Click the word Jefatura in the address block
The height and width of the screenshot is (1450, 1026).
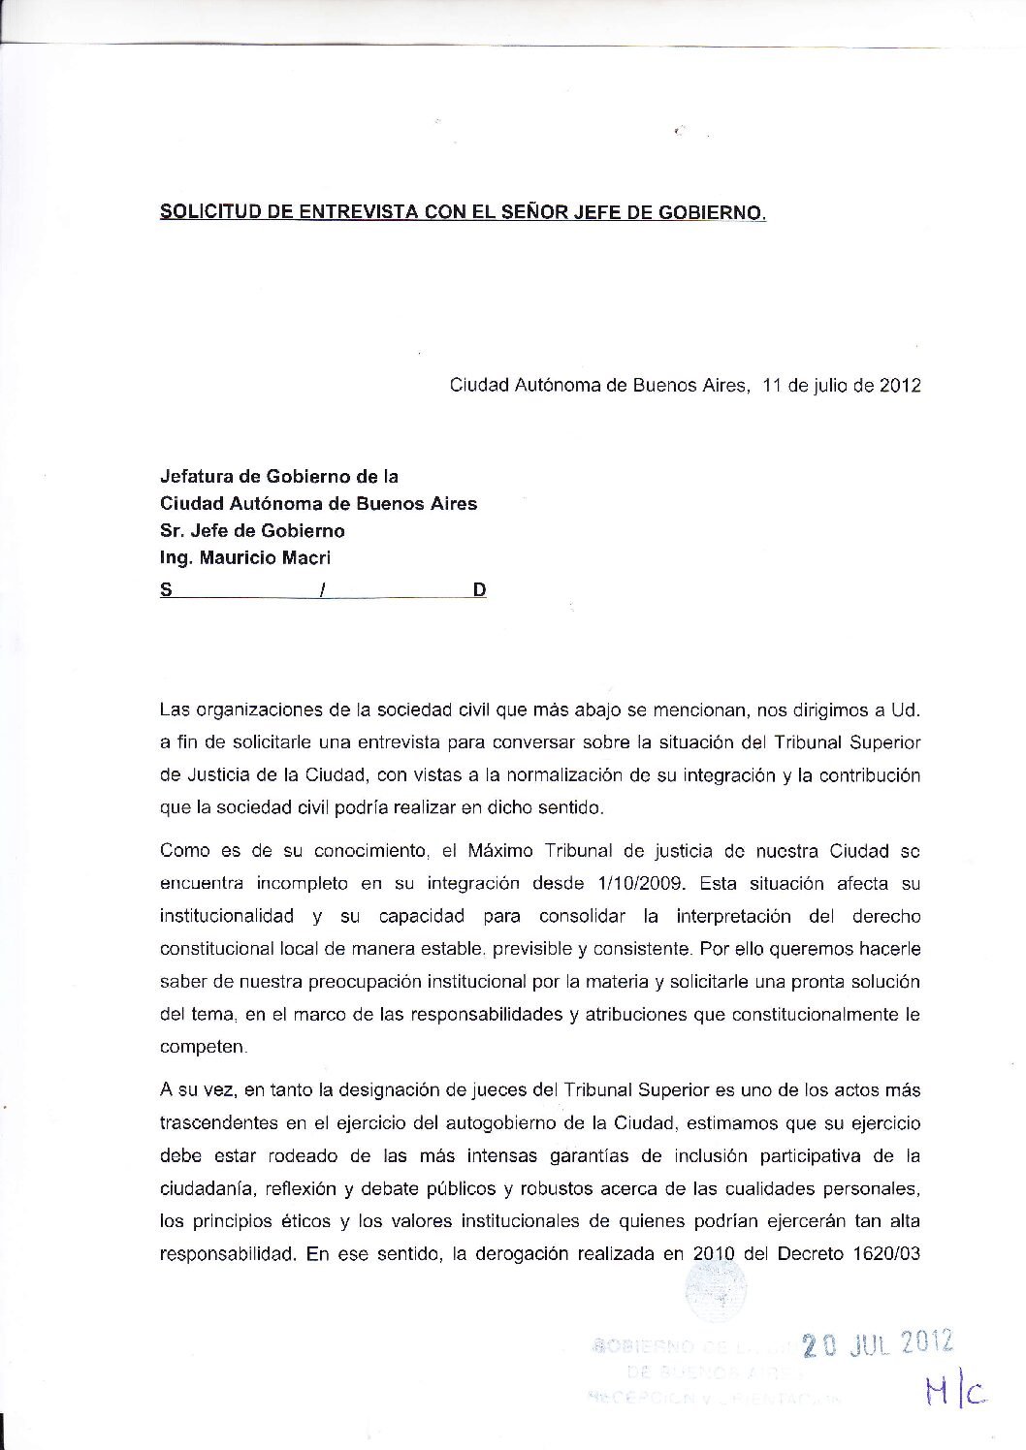click(195, 477)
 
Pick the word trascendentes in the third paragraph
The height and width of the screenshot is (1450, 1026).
click(215, 1123)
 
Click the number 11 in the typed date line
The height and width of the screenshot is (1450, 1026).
click(772, 385)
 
